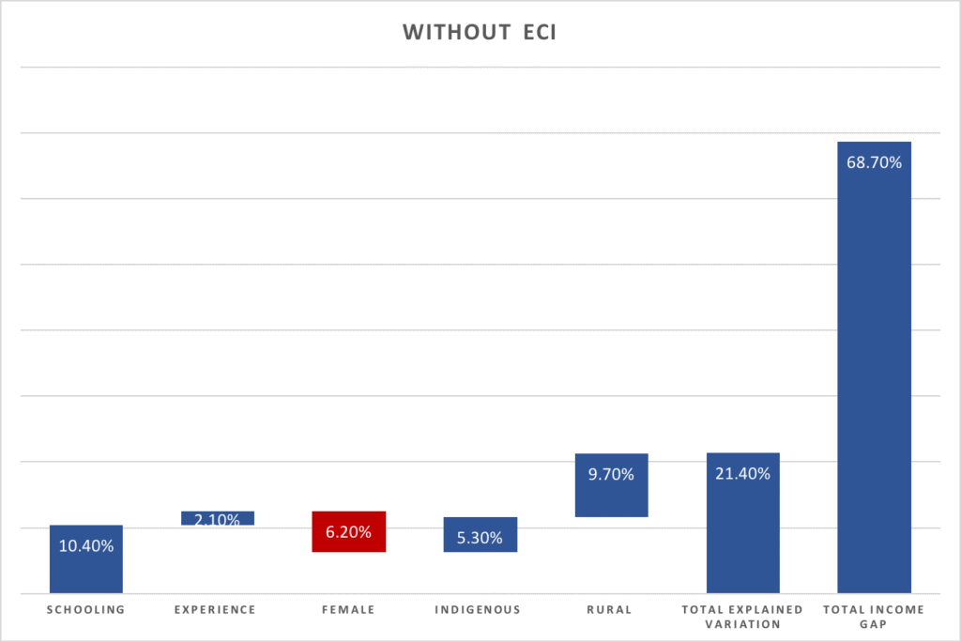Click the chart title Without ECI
(480, 33)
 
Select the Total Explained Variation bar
(742, 535)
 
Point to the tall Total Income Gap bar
(874, 375)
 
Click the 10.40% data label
(86, 545)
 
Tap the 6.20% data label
(349, 532)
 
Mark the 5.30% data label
(480, 538)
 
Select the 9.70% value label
(611, 474)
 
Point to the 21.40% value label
(742, 474)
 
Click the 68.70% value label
(874, 162)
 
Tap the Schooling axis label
(86, 609)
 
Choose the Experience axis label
(215, 609)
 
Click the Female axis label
(349, 609)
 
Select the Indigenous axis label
(478, 609)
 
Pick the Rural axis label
(610, 609)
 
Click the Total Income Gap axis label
(874, 616)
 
